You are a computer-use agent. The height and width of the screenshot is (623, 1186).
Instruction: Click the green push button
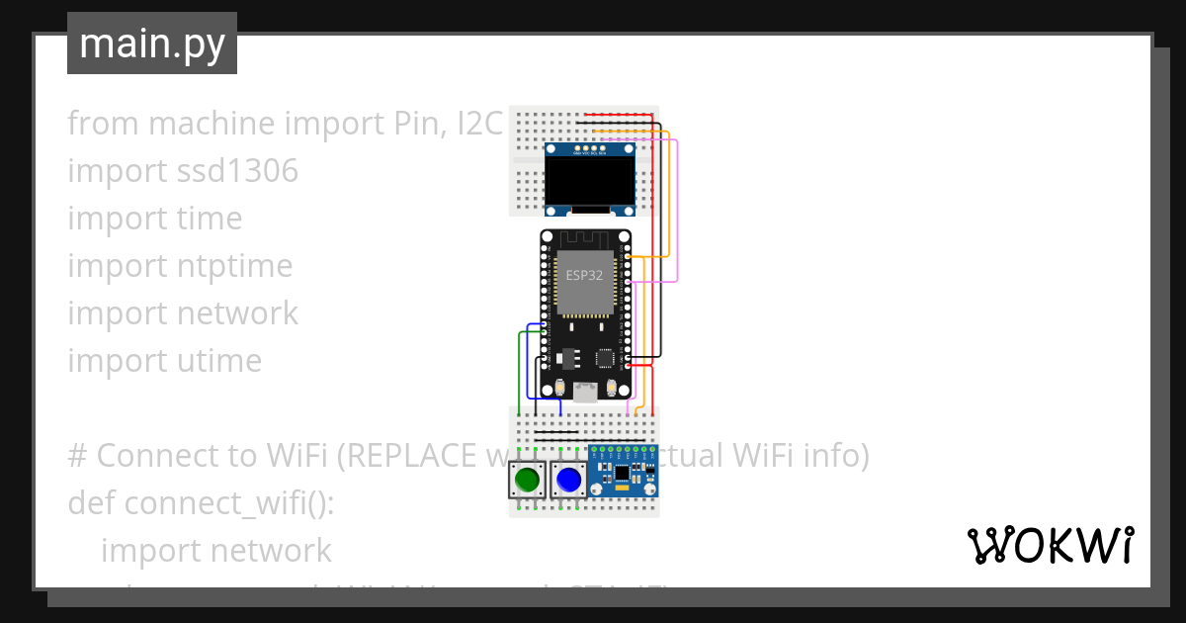[527, 481]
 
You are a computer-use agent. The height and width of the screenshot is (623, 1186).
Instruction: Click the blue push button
[568, 481]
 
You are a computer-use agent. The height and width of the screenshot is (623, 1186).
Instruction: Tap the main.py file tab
[151, 44]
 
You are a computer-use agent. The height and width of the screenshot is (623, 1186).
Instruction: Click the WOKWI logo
[1049, 545]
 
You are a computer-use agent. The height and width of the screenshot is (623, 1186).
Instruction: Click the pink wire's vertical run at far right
[677, 208]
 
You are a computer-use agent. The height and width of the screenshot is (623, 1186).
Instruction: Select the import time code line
[154, 219]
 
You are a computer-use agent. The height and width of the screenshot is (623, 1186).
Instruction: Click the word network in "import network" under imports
[237, 313]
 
